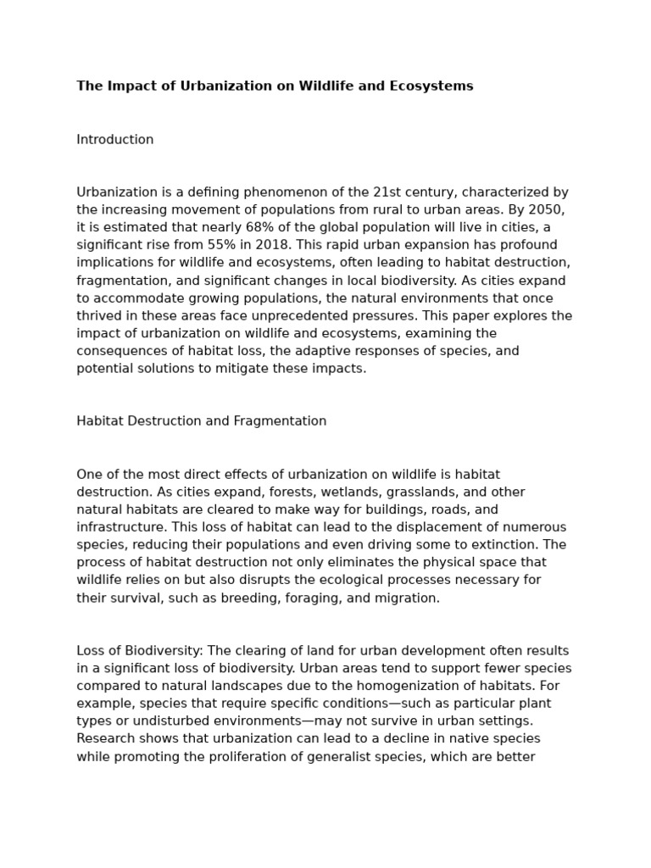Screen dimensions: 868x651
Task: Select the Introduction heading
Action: pyautogui.click(x=115, y=140)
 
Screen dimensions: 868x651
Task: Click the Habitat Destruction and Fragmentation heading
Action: pyautogui.click(x=202, y=421)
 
